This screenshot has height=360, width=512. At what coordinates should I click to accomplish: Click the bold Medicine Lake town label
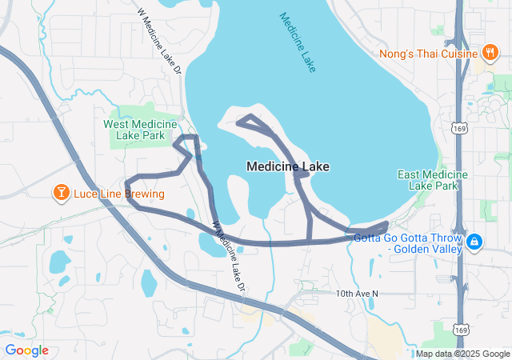288,166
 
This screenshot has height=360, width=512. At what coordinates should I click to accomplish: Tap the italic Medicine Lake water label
298,42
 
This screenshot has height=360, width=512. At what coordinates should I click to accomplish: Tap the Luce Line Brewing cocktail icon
60,193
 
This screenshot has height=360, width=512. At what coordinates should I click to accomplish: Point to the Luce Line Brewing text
118,194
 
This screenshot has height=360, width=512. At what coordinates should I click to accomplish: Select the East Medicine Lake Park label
433,180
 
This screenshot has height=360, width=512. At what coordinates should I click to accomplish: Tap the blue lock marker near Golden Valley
474,240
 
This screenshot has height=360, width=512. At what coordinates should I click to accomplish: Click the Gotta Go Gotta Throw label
409,238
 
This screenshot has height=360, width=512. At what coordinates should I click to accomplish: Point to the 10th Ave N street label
356,294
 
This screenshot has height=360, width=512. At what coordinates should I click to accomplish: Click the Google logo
26,350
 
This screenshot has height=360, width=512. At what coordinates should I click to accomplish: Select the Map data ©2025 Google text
463,354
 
